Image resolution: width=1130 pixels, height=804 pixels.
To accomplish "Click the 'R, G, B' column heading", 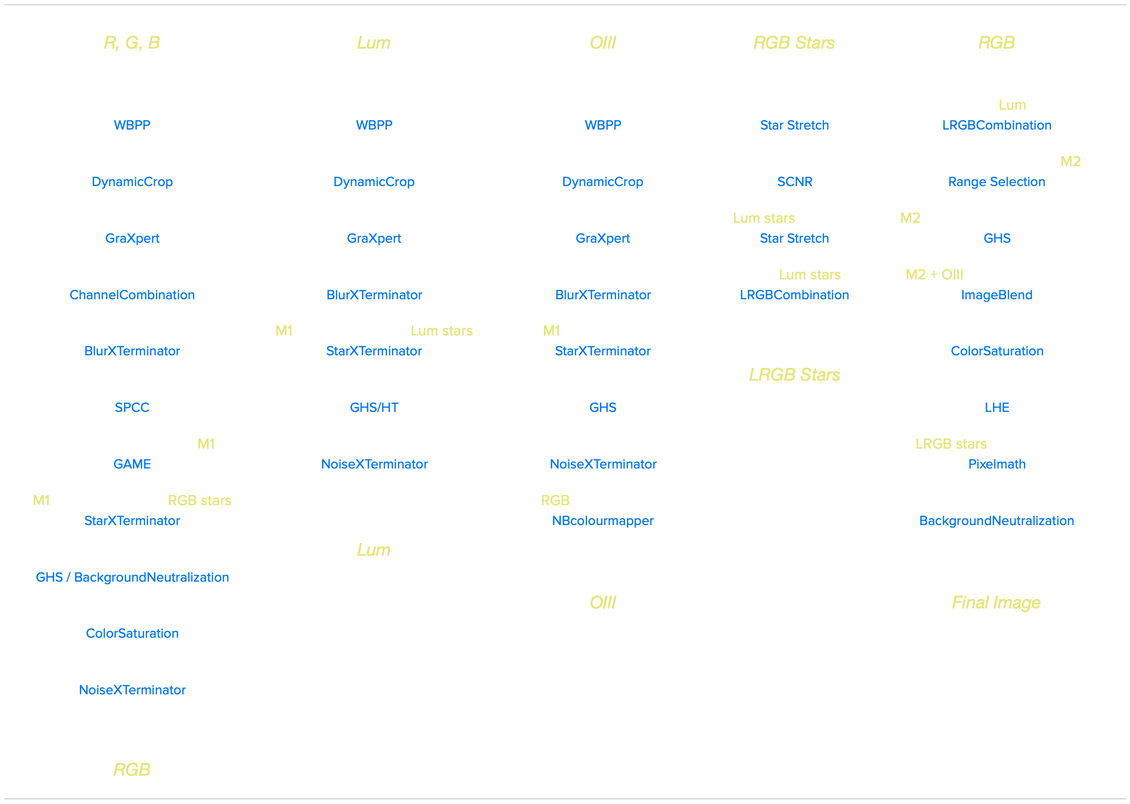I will point(132,43).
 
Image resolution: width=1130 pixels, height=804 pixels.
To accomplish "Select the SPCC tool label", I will point(132,407).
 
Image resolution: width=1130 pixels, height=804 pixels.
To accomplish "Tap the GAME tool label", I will point(132,464).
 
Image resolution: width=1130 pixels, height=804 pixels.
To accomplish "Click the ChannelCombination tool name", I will point(132,295).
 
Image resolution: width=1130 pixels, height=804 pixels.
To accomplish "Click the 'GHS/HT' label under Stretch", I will point(374,407).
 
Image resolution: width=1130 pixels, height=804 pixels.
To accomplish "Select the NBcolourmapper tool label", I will point(603,521).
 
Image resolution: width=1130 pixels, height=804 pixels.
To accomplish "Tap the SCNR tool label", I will point(795,182).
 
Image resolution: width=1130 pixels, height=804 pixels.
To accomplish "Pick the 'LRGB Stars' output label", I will point(795,375).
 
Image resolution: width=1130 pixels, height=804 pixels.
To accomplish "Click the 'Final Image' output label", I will point(996,603).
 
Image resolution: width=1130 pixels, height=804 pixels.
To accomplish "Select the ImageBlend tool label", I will point(997,295).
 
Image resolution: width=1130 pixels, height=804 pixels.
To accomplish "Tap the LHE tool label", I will point(997,407).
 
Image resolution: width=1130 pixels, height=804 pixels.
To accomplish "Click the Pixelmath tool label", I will point(997,464).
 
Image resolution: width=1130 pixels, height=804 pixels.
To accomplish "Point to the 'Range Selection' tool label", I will point(997,182).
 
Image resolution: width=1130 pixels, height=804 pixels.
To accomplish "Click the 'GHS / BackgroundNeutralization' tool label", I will point(132,577).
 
